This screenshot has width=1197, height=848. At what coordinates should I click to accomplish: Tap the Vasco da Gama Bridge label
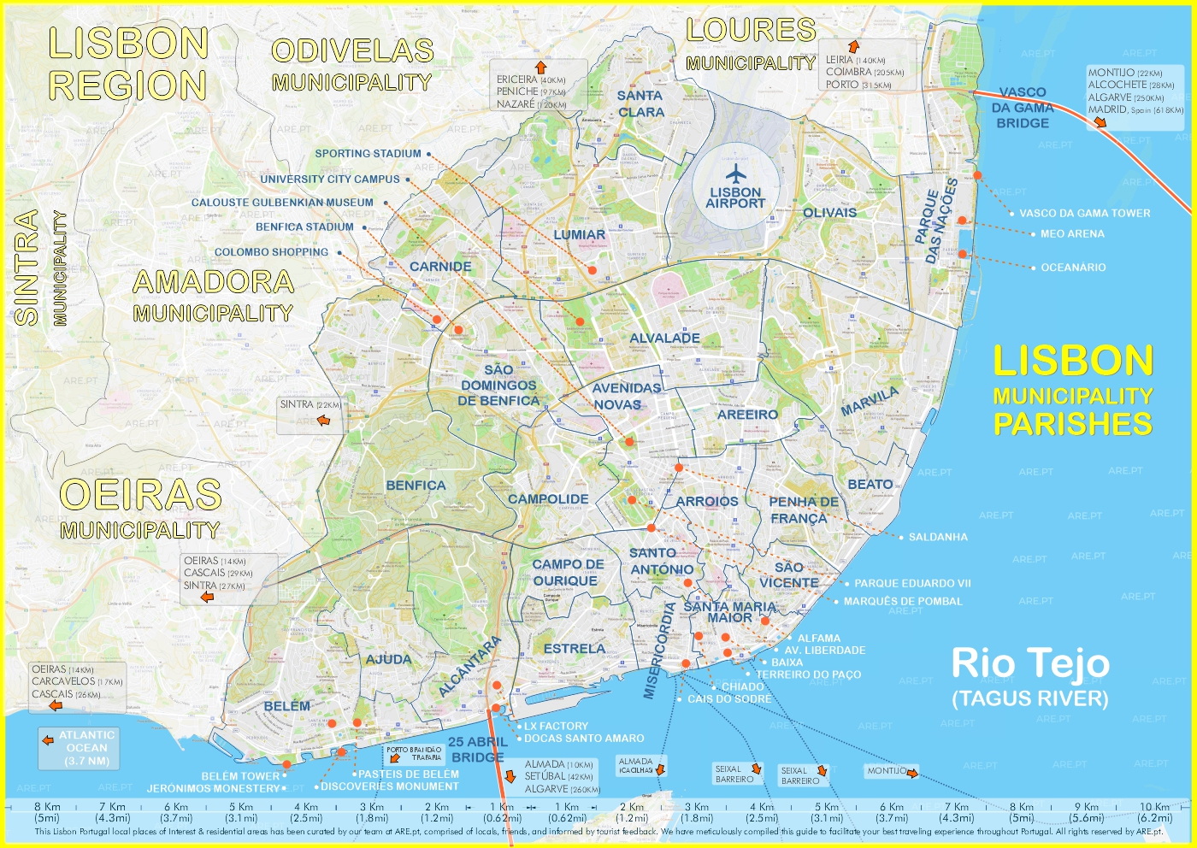[1022, 108]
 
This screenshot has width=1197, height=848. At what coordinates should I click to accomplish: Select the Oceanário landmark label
[1073, 268]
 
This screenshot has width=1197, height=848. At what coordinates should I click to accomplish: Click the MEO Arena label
[1072, 233]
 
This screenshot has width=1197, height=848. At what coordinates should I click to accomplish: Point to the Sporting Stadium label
[368, 154]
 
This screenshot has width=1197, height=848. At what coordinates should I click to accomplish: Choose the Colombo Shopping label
[271, 252]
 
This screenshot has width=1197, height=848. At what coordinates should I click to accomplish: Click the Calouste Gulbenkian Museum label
[282, 203]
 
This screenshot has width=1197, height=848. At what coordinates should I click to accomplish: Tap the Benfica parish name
[416, 486]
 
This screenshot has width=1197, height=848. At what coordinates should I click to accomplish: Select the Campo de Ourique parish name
[568, 573]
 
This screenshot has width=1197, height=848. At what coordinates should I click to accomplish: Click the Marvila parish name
[870, 401]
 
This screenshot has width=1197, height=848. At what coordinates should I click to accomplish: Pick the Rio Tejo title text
[1030, 663]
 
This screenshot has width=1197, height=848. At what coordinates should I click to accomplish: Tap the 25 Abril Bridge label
[477, 749]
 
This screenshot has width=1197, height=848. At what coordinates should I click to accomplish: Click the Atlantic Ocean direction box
[86, 747]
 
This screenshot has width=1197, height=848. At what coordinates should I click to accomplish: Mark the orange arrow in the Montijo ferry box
[912, 774]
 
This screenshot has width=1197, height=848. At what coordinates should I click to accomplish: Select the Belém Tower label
[240, 776]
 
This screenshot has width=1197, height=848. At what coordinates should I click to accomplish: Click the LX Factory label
[556, 726]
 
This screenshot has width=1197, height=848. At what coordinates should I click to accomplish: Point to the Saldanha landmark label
[938, 537]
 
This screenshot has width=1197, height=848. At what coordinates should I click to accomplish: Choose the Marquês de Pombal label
[903, 601]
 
